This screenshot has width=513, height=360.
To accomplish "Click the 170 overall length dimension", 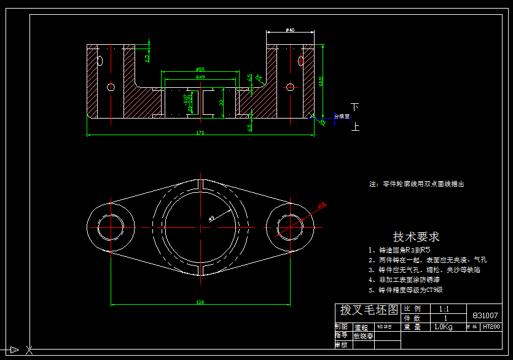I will pyautogui.click(x=200, y=132).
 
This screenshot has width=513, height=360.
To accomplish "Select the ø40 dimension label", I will pyautogui.click(x=290, y=29).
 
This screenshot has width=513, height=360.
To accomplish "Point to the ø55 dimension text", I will pyautogui.click(x=200, y=69).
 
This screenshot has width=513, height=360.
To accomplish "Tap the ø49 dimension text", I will pyautogui.click(x=200, y=77).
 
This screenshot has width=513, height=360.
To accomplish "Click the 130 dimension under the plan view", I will pyautogui.click(x=200, y=302).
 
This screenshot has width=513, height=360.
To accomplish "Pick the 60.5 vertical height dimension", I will pyautogui.click(x=321, y=80).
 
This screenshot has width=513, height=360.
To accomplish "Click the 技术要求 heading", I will pyautogui.click(x=416, y=237).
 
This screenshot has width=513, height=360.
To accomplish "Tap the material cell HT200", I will pyautogui.click(x=491, y=327).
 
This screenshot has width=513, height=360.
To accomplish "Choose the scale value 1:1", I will pyautogui.click(x=444, y=308).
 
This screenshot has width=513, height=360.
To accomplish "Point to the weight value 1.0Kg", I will pyautogui.click(x=444, y=327).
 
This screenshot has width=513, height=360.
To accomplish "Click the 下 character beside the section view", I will pyautogui.click(x=354, y=106).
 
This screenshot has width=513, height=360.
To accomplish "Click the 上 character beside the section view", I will pyautogui.click(x=354, y=127).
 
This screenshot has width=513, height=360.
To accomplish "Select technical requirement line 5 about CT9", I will pyautogui.click(x=405, y=289).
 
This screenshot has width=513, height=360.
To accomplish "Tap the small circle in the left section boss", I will pyautogui.click(x=111, y=87).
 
